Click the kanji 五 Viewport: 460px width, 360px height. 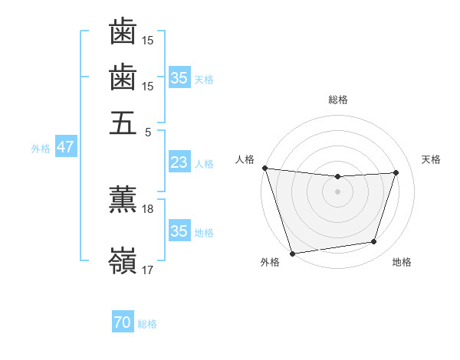(123, 123)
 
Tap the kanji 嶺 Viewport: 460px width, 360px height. (123, 260)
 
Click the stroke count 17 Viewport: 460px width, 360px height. (148, 270)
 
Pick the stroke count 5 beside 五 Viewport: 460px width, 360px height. (148, 132)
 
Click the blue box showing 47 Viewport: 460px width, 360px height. (65, 147)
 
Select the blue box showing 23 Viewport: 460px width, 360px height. (179, 162)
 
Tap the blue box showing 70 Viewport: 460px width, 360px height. (122, 323)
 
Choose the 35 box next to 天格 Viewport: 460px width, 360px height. (179, 78)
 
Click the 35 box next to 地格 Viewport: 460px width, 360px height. (179, 231)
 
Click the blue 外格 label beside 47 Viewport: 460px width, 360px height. (41, 149)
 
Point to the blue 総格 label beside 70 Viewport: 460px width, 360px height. (147, 325)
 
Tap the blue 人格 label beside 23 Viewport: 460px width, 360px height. (204, 164)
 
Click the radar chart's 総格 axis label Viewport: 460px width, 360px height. (337, 100)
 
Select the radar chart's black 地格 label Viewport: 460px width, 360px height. (402, 263)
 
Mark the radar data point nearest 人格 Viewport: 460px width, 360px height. (264, 168)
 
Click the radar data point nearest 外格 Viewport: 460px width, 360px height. (292, 253)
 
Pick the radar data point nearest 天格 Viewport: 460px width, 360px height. (396, 172)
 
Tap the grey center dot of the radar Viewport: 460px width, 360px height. (337, 191)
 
